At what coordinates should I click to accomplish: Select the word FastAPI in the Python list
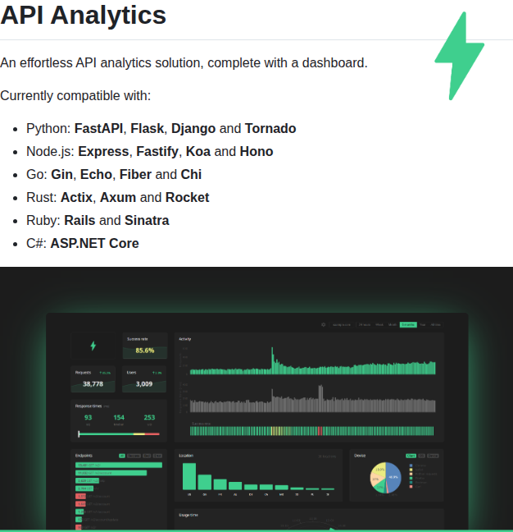(99, 128)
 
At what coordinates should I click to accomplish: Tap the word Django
(193, 128)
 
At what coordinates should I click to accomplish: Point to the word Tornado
(270, 128)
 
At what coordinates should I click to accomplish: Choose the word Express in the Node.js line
(103, 151)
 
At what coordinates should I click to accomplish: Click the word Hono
(256, 151)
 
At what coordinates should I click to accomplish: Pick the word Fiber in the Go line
(135, 174)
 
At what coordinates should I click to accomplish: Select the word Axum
(118, 197)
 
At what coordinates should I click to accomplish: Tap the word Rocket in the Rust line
(187, 197)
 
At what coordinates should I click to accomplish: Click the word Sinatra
(147, 220)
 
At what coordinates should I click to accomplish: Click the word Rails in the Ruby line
(79, 220)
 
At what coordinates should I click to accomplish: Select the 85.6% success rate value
(145, 351)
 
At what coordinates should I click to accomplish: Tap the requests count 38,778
(93, 383)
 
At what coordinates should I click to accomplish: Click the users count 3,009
(144, 383)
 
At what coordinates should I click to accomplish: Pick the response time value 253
(149, 417)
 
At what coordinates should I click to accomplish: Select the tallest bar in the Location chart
(189, 476)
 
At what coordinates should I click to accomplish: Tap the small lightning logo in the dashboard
(93, 346)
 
